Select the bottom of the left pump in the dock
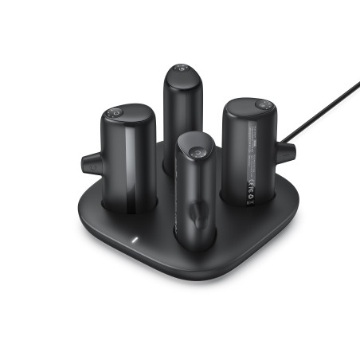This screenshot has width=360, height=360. pyautogui.click(x=127, y=213)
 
